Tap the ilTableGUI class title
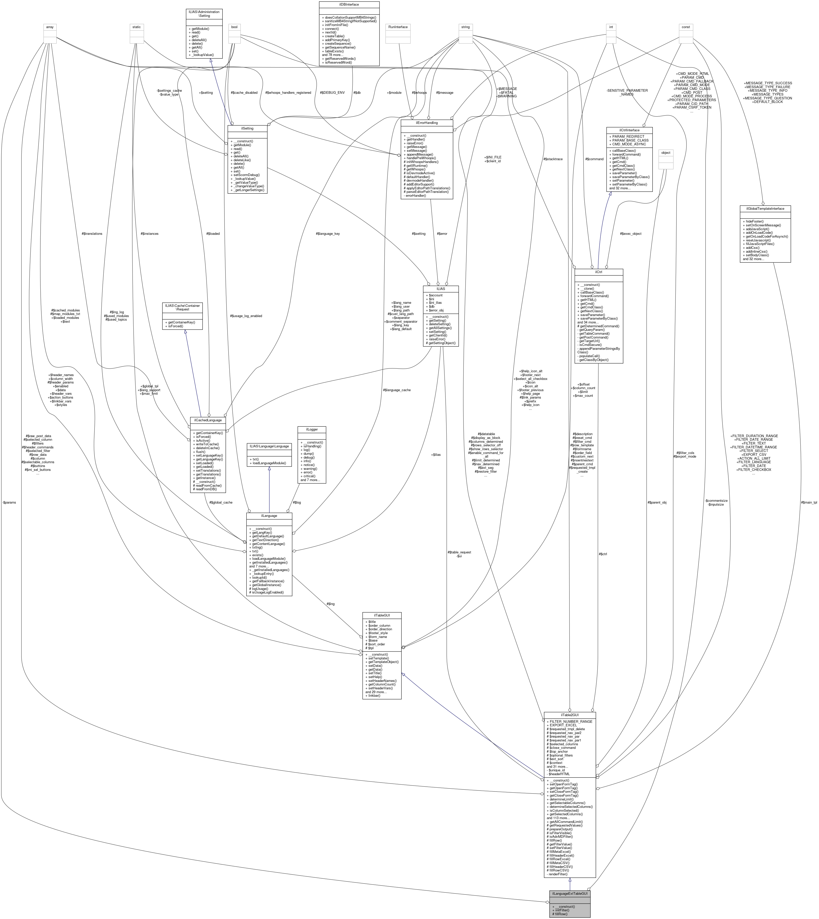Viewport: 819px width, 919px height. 382,615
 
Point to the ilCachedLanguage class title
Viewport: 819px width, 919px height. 208,420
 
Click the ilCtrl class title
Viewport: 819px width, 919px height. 599,272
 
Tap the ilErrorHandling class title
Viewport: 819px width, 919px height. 426,122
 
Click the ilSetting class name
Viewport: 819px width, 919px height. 247,128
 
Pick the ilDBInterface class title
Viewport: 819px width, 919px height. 349,4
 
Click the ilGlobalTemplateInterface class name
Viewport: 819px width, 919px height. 765,208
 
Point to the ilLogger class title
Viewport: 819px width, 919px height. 311,429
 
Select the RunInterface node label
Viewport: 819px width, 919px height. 398,27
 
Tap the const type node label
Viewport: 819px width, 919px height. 686,27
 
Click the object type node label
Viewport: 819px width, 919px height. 666,153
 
